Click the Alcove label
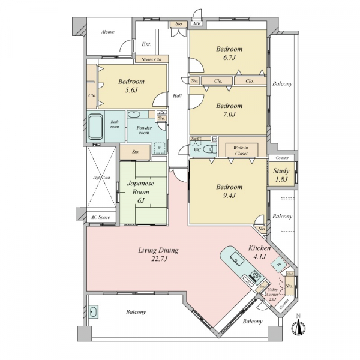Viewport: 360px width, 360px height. pyautogui.click(x=108, y=31)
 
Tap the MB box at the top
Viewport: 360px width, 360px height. pyautogui.click(x=197, y=23)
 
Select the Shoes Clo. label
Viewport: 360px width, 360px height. pyautogui.click(x=151, y=59)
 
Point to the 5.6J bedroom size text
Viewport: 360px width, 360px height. pyautogui.click(x=131, y=91)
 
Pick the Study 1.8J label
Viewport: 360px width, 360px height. pyautogui.click(x=281, y=175)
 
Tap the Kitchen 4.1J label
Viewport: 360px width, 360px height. pyautogui.click(x=259, y=253)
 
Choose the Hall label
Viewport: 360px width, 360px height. pyautogui.click(x=178, y=96)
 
